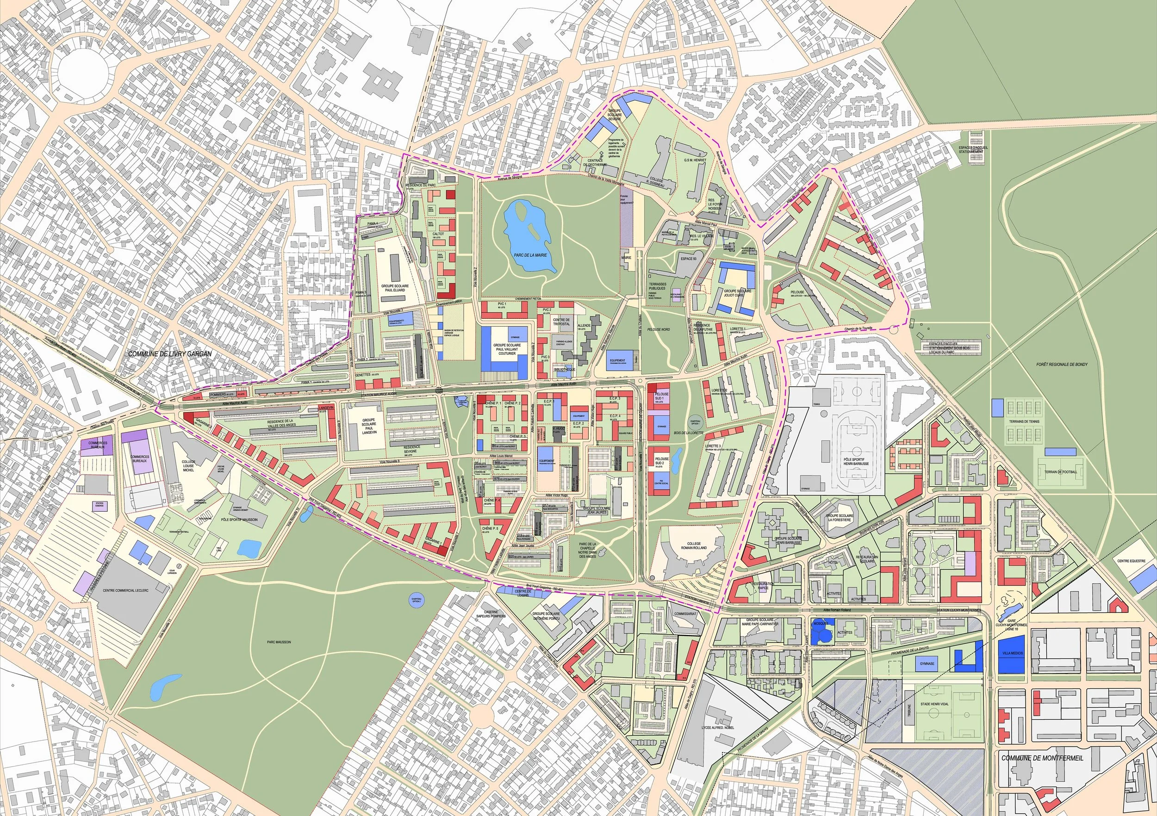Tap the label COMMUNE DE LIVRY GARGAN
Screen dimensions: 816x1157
pos(169,354)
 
